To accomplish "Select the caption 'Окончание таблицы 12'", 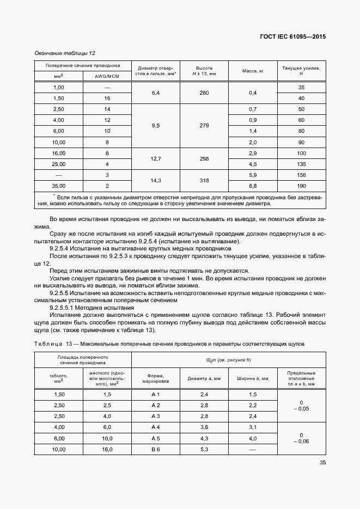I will coord(65,53).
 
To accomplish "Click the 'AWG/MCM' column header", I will coord(106,76).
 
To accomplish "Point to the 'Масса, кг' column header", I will coord(252,71).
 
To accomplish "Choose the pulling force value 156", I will coord(301,175).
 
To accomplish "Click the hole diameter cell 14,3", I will coord(155,180).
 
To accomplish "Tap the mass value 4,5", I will coord(252,164).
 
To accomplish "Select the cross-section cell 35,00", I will coord(58,186).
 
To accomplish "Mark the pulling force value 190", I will coord(301,186).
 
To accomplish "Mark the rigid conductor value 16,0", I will coord(107,449).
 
